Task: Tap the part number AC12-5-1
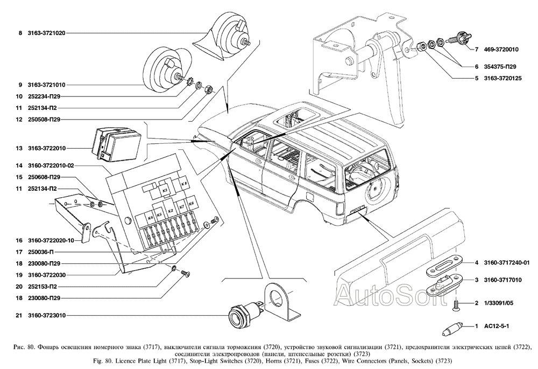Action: pyautogui.click(x=494, y=327)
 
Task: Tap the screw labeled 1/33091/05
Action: pyautogui.click(x=456, y=305)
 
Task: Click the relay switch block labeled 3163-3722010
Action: pyautogui.click(x=114, y=144)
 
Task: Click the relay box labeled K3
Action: pyautogui.click(x=165, y=190)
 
